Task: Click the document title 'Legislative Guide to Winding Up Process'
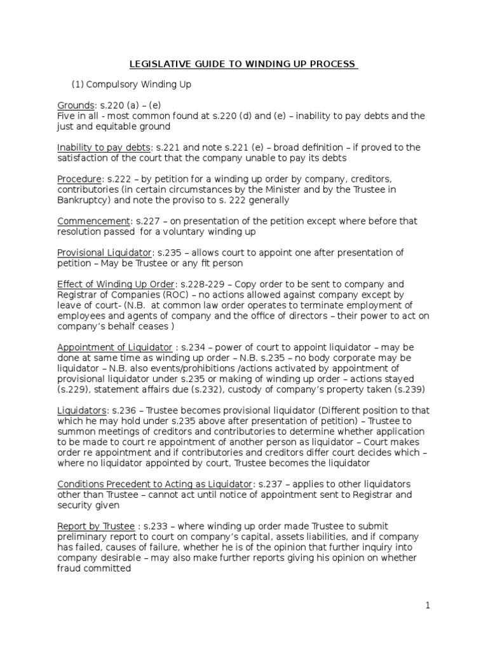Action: [244, 64]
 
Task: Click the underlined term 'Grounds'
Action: [76, 105]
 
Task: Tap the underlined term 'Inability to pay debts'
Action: [104, 147]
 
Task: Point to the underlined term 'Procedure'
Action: [79, 179]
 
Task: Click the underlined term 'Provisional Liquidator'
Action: [105, 252]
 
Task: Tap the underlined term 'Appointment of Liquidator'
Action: [114, 347]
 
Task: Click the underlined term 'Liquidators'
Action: [83, 410]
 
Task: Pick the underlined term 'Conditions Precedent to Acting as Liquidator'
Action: [155, 484]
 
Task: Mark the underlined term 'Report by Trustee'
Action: [96, 526]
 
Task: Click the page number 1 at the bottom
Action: [428, 606]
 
